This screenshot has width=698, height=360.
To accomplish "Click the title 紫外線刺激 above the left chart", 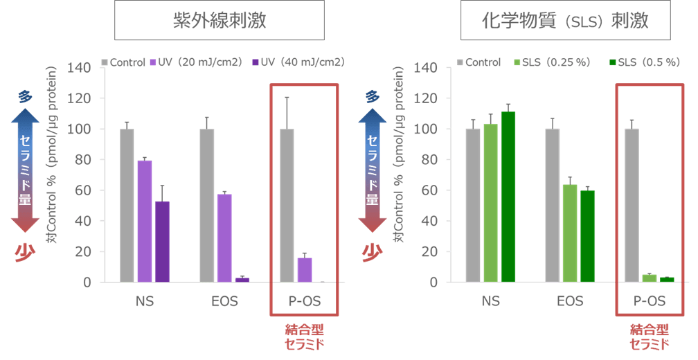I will click(x=219, y=21).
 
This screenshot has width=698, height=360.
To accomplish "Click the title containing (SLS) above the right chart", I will click(x=564, y=21).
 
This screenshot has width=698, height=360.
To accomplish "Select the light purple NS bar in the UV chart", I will click(x=144, y=221).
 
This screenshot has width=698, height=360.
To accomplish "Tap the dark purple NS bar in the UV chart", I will click(x=162, y=242).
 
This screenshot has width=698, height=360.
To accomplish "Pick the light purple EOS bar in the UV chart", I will click(x=224, y=237).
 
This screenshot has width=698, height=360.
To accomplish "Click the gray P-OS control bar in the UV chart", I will click(x=286, y=206).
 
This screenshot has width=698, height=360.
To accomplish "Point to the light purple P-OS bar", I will click(x=304, y=270).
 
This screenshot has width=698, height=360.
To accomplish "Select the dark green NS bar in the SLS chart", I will click(x=508, y=197).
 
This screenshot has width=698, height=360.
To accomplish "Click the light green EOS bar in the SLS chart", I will click(x=569, y=233).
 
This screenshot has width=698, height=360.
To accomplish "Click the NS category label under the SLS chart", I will click(x=490, y=301).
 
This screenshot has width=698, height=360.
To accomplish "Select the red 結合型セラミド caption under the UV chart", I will click(x=304, y=337).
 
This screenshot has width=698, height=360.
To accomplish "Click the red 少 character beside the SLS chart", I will click(x=372, y=252).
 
